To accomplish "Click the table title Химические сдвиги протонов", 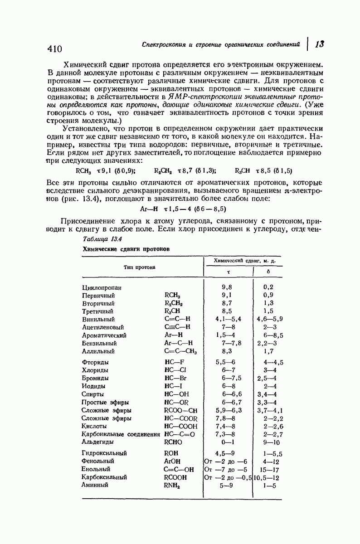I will coord(126,249).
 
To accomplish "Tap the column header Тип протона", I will coord(139,267).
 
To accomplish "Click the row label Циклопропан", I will coord(102,287).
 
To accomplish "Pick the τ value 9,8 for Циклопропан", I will coord(228,287).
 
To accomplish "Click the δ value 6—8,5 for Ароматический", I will coord(273,335).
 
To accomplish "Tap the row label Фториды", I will coord(95,363).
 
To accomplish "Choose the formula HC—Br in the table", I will coord(176,379).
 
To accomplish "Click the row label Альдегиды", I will coord(97,442).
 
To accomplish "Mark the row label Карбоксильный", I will coord(104,477).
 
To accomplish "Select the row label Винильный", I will coord(98,319).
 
